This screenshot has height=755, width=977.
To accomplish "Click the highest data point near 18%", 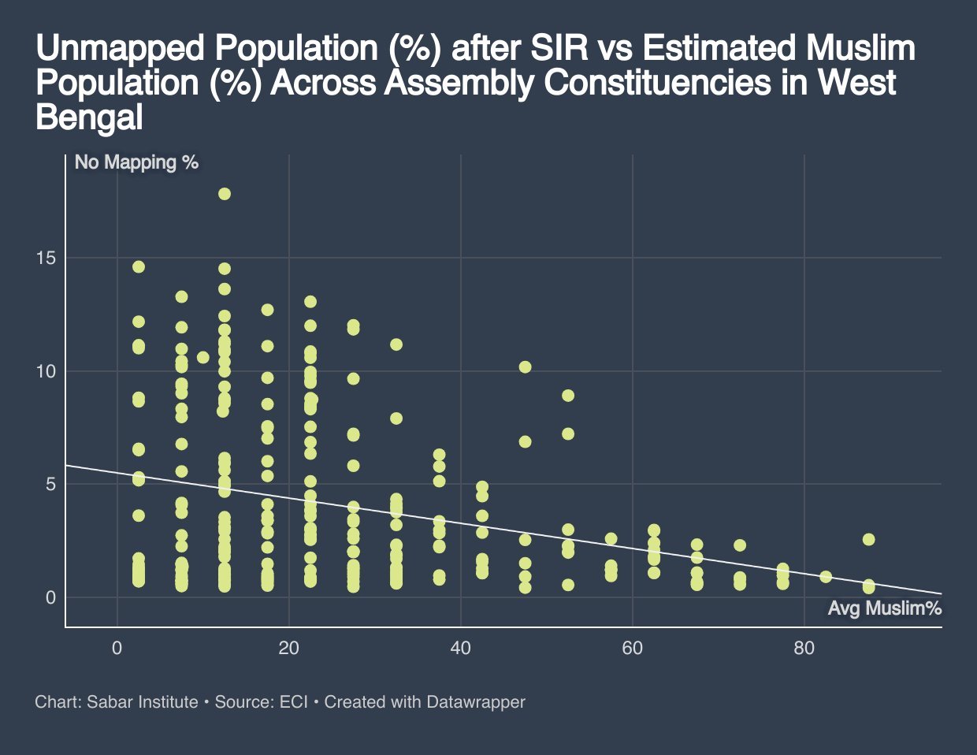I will (225, 194).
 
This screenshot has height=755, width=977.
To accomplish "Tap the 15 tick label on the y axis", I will (46, 258).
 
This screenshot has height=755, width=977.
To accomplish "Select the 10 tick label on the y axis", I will (46, 371).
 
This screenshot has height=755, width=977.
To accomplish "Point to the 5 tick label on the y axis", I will (50, 484).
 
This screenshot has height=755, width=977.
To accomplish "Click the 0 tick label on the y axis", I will (50, 597).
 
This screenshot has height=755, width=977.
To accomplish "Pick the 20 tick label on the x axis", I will (288, 649).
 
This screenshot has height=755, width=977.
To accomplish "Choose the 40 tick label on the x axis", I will (460, 649).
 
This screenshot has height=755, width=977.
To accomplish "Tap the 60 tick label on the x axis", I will (632, 649).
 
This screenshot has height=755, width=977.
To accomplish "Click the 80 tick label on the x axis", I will (804, 649).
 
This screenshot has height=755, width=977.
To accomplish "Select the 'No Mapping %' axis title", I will (136, 163).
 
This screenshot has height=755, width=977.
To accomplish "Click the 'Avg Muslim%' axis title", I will (885, 608).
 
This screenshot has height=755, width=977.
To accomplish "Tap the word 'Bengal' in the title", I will (89, 117).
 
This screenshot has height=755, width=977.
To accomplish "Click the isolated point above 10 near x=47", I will (526, 367).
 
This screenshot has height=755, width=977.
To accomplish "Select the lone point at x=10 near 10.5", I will (203, 358).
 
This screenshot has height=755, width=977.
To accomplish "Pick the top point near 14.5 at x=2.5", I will (139, 267).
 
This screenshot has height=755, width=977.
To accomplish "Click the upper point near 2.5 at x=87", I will (868, 540).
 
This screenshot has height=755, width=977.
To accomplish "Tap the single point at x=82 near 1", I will (826, 577).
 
